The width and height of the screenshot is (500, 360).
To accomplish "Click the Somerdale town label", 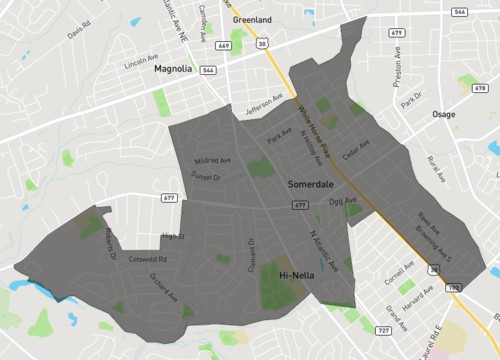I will coord(311,185).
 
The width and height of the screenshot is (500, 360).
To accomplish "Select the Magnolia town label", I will coord(173,70).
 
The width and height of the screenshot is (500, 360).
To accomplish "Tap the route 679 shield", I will coord(397,33).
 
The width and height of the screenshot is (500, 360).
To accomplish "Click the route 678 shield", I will coord(481,88).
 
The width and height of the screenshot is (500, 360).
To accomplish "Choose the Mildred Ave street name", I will coord(212,160).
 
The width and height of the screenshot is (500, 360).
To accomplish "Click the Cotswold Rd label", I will coord(147,259).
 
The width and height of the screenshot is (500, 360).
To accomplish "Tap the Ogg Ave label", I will coord(343,202).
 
